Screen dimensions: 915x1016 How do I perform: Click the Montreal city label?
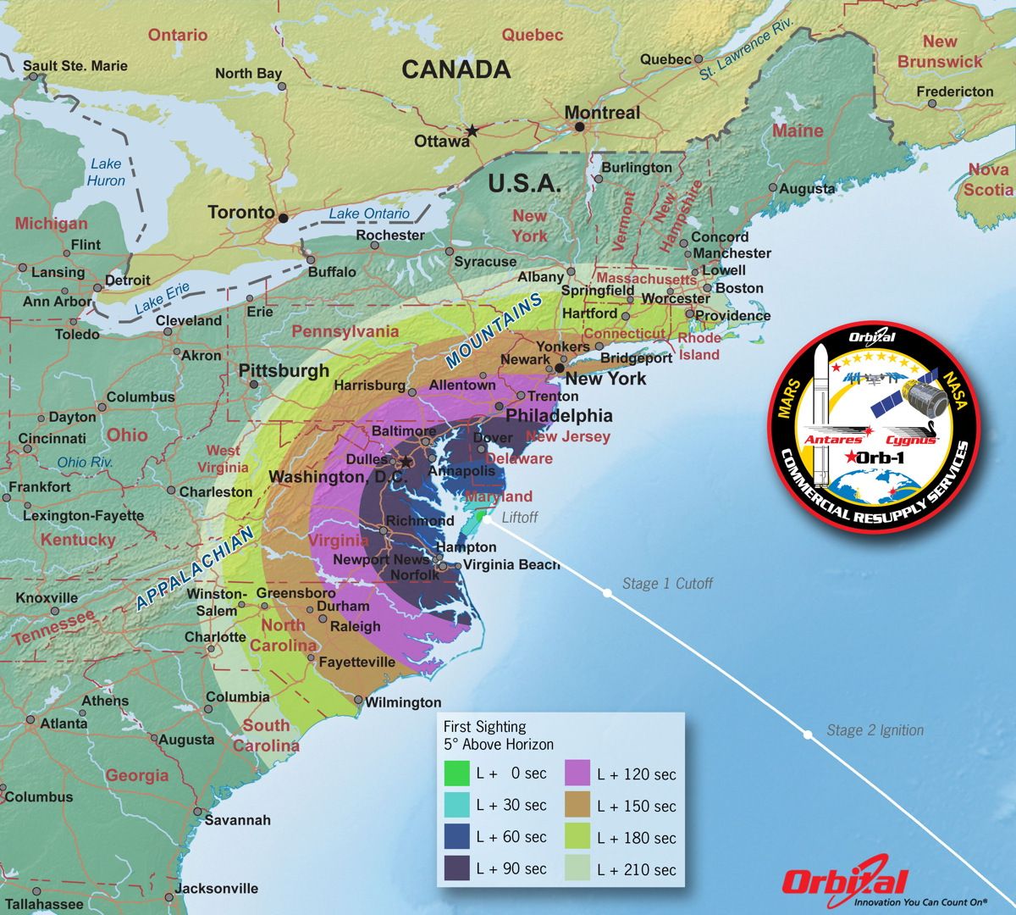pos(602,113)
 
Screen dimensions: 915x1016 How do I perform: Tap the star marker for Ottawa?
pos(472,130)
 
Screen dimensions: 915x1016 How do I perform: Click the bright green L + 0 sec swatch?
pos(456,773)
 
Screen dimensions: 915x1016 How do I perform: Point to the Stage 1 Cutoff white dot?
pos(606,594)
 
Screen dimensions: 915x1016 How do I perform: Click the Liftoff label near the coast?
pos(519,518)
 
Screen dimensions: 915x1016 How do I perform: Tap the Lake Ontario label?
pos(369,213)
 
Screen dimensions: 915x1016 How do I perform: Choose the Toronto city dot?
pos(283,216)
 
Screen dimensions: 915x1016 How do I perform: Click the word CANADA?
pos(456,69)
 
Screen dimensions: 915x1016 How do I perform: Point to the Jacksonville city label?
pos(217,889)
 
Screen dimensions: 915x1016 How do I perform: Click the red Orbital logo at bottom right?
pos(844,883)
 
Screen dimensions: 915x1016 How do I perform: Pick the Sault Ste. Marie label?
pos(75,65)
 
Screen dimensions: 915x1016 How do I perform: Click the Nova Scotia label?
pos(987,180)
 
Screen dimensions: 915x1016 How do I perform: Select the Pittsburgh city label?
pos(284,371)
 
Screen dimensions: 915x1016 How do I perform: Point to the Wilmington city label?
pos(403,702)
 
